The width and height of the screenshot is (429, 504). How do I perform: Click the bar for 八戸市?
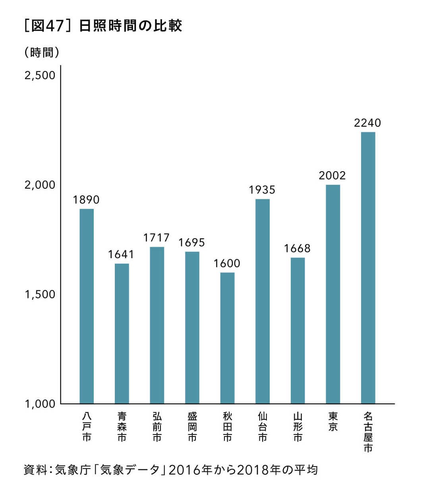87,306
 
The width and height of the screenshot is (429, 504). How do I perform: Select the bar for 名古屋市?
368,268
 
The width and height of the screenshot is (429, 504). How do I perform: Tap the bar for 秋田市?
227,338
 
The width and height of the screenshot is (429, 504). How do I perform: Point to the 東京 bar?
333,294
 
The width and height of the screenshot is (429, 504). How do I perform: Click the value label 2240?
367,123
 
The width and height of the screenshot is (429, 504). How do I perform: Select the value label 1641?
122,254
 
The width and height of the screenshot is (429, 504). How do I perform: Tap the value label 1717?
157,238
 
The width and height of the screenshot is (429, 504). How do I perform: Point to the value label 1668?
297,249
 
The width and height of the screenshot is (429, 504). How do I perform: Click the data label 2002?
332,176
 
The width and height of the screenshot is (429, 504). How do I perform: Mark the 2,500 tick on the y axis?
40,75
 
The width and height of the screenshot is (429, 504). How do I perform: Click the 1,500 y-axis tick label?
40,294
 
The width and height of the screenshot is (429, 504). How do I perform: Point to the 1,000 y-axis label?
40,404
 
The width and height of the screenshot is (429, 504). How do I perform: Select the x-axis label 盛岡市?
192,427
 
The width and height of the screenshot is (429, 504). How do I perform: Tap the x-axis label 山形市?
298,427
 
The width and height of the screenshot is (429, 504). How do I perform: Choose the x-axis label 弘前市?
157,427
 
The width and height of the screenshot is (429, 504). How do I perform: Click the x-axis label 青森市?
122,427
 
